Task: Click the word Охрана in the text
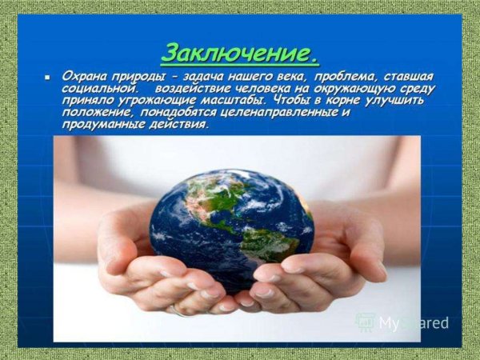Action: coord(84,77)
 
